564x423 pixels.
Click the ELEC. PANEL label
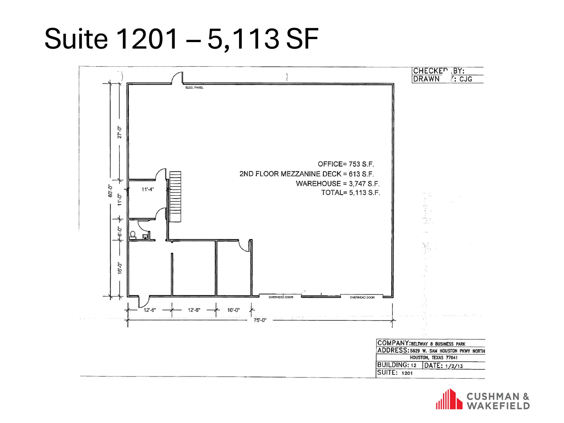[x=194, y=88]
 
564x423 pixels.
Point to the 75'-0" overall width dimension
[x=260, y=320]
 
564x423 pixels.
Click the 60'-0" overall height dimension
[x=110, y=191]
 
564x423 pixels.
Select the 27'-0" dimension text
[x=119, y=132]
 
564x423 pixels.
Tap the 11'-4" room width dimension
[x=147, y=189]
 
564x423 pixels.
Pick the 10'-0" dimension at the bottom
[x=233, y=310]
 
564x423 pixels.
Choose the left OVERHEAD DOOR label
[x=281, y=297]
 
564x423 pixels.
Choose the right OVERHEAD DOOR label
[x=362, y=297]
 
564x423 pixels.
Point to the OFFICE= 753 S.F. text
[x=346, y=164]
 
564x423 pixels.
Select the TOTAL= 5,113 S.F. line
[x=350, y=192]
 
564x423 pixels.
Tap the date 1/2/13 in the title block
[x=454, y=366]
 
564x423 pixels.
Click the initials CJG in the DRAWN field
[x=466, y=79]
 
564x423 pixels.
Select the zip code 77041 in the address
[x=452, y=358]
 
